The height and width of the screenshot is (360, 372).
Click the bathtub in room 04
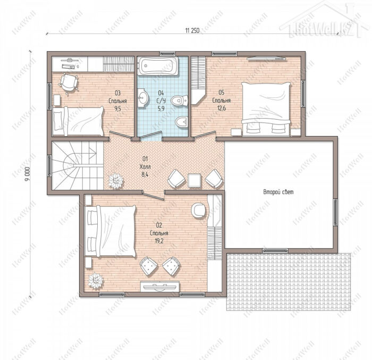pos(158,65)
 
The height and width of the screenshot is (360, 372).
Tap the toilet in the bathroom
pos(179,101)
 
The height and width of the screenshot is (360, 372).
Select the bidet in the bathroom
pos(182,122)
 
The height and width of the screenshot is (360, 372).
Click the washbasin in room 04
pos(142,98)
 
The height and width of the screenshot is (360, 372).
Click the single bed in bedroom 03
pos(78,121)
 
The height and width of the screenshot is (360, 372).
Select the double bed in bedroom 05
pos(266,109)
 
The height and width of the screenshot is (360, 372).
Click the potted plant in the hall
pos(116,181)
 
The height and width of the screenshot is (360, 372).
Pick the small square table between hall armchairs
pos(195,180)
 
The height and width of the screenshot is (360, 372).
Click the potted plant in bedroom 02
pos(95,281)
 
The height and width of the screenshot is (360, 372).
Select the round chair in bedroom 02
pos(199,210)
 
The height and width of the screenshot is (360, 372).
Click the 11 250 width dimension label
pos(192,31)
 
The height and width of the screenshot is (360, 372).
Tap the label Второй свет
pos(278,192)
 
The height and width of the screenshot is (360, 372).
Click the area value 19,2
pos(159,241)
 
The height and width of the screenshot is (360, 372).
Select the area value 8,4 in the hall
pos(145,175)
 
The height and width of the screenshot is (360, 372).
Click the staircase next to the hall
pos(78,165)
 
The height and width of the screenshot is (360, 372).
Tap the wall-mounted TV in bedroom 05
pos(266,58)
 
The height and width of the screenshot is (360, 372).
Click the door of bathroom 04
pos(150,135)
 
